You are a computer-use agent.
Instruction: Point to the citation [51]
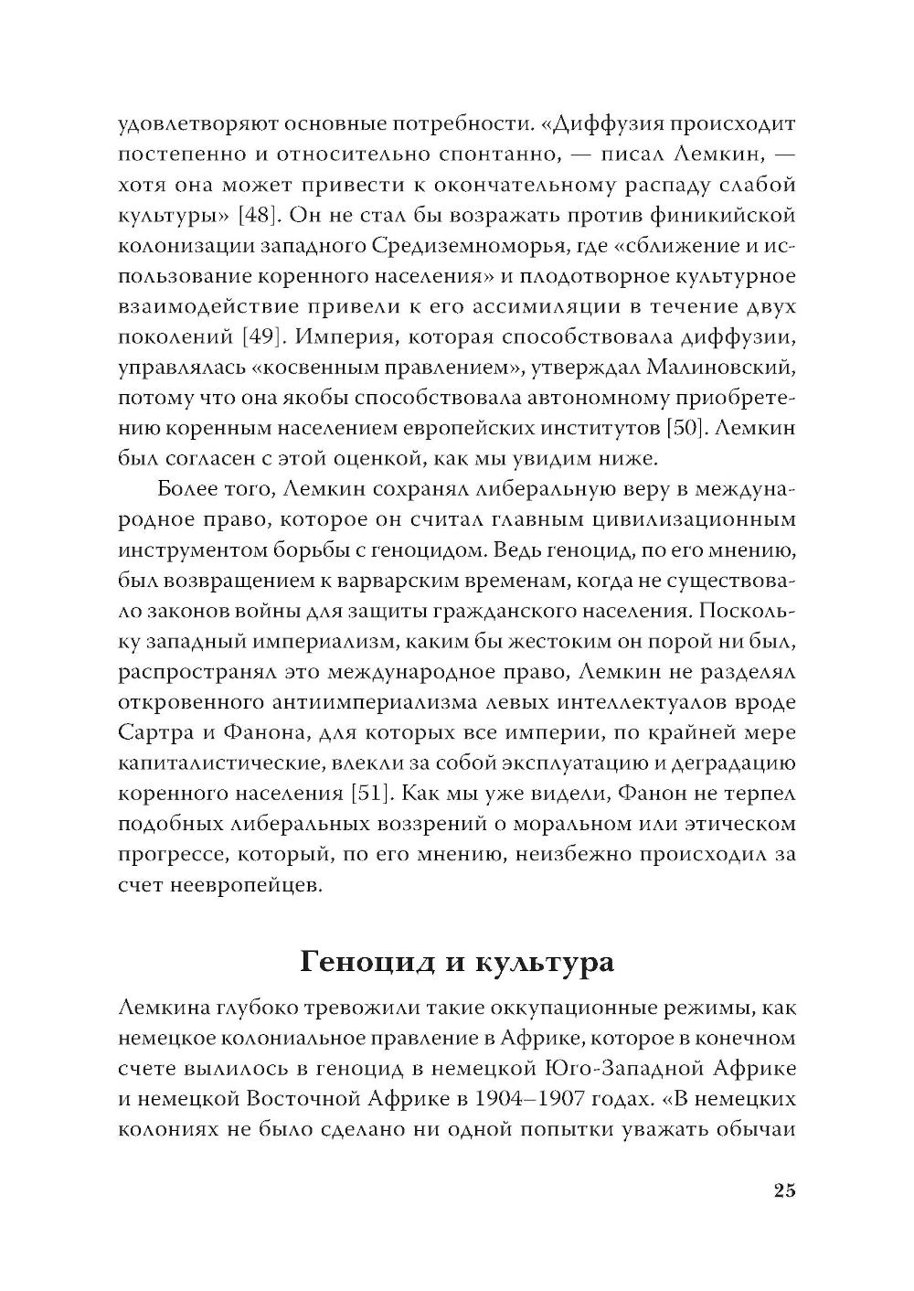coord(375,792)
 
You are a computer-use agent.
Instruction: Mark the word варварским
coord(433,580)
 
